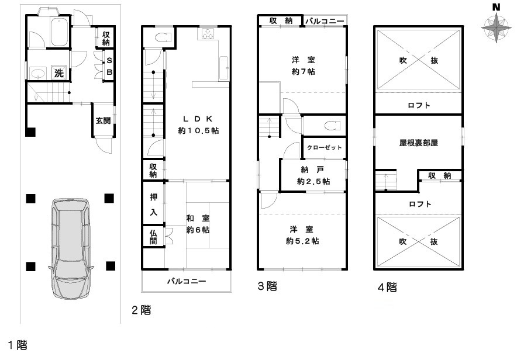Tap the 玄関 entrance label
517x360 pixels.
point(103,121)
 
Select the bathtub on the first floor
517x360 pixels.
point(60,33)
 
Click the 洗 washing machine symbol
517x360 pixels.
point(58,74)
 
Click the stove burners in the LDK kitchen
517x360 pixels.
point(208,34)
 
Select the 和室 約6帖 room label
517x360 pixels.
point(198,224)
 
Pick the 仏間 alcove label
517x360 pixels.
point(153,237)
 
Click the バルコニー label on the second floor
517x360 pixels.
point(187,282)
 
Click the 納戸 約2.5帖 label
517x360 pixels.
point(313,176)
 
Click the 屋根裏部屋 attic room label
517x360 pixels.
point(418,142)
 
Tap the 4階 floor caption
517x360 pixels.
point(387,288)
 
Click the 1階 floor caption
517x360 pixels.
point(18,345)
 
